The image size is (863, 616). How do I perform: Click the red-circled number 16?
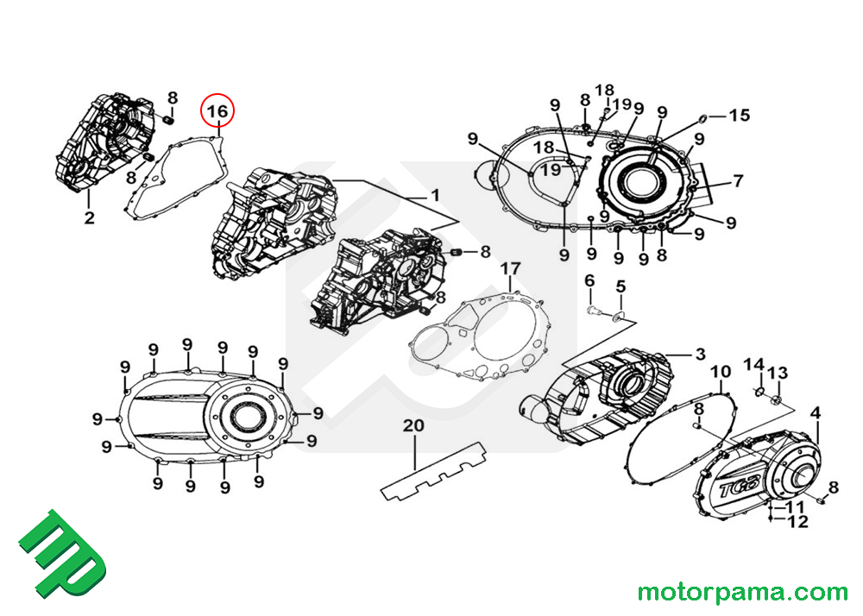pos(217,111)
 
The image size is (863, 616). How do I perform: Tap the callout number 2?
pos(89,217)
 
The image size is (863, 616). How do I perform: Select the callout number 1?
pos(435,194)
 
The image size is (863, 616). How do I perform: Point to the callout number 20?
pos(414,425)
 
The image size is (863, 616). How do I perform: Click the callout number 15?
pos(740,115)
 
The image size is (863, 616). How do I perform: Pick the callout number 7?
pos(738,181)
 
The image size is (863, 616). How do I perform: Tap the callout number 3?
pos(700,354)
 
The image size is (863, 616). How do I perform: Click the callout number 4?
pos(815,412)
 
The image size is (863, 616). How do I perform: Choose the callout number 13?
pos(778,373)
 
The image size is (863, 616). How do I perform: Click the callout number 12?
pos(797,521)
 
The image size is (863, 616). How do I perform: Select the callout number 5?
pos(620,286)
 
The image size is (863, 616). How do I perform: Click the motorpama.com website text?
pos(742,592)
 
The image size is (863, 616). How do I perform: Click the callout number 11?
pos(797,506)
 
